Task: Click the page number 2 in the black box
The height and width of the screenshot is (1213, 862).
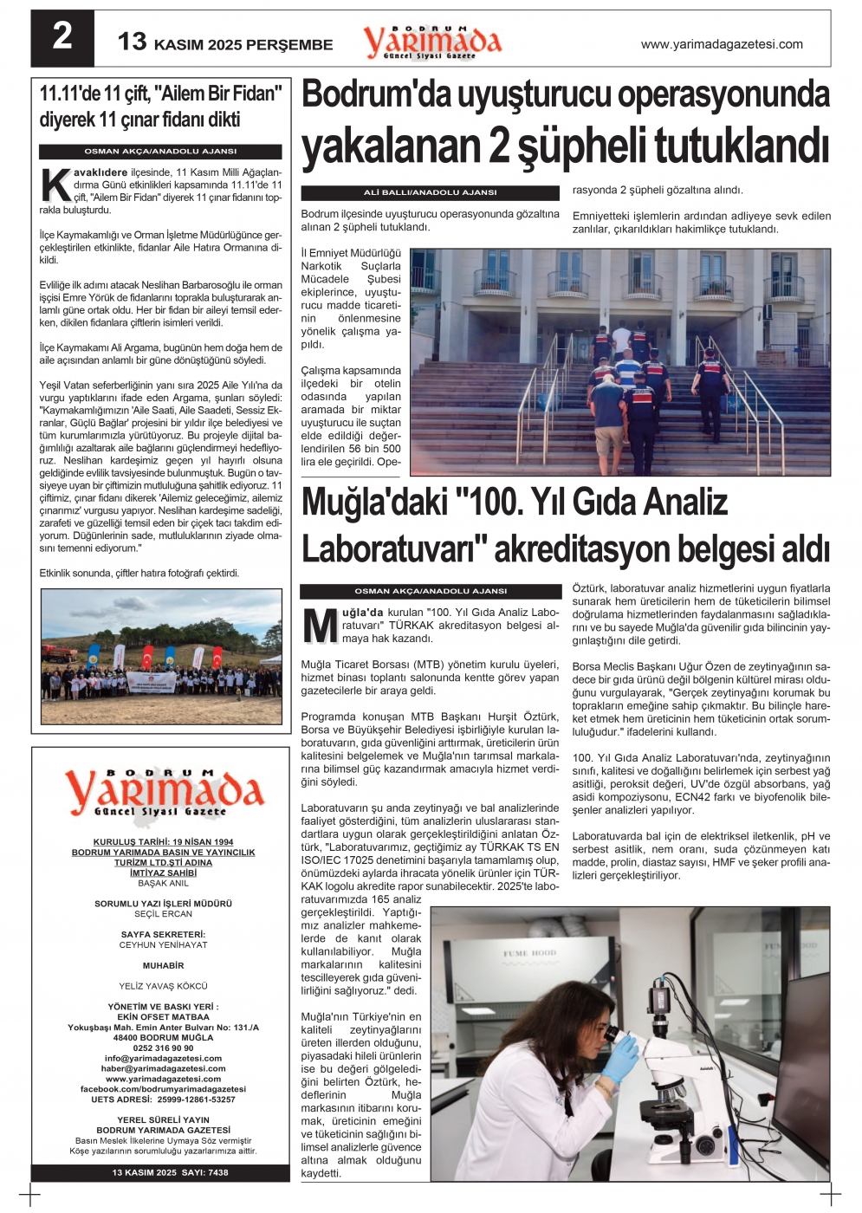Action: (x=62, y=37)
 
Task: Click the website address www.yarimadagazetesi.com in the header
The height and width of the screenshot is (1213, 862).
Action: (x=721, y=44)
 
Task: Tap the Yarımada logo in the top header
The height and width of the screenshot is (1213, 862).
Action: (x=431, y=42)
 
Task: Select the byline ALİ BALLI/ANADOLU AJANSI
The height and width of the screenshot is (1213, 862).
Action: (x=430, y=192)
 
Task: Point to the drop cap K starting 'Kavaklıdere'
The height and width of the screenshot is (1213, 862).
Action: (x=55, y=185)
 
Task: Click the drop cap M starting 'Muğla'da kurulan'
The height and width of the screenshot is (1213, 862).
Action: (x=320, y=626)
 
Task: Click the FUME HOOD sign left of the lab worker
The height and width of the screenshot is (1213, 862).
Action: (x=529, y=953)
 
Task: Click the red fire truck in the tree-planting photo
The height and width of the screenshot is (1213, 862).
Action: (x=58, y=652)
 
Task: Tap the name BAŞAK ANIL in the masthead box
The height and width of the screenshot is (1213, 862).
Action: (x=163, y=883)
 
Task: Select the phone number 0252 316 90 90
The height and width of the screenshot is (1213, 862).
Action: (x=163, y=1048)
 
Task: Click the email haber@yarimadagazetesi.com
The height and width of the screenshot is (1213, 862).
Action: (x=163, y=1068)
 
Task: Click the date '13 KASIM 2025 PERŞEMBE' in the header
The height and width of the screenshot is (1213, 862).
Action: (x=225, y=43)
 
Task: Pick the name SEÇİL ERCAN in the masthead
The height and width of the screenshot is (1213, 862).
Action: (x=163, y=914)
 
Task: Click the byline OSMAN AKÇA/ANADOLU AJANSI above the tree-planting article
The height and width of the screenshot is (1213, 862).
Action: (x=160, y=151)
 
